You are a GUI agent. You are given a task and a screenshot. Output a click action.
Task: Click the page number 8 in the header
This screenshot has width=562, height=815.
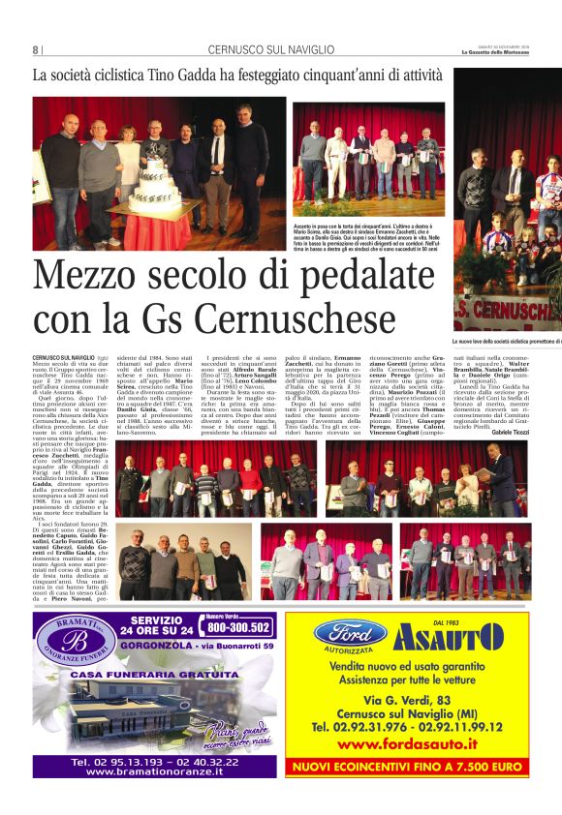point(37,50)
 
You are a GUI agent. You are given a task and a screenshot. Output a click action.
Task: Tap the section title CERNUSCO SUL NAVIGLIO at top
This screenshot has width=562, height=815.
point(271,50)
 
